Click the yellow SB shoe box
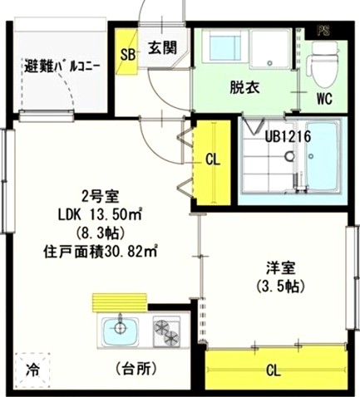coord(127,55)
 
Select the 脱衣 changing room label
coord(244,86)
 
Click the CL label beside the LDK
coord(211,160)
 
